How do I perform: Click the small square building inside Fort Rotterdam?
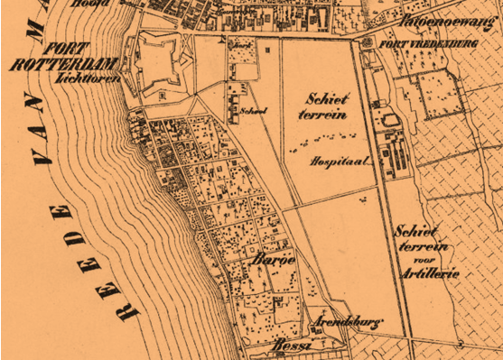[161, 92]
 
